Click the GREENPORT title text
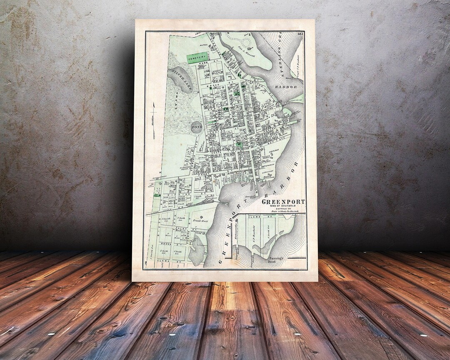click(283, 202)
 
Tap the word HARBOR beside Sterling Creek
click(286, 87)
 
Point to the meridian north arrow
click(154, 120)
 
